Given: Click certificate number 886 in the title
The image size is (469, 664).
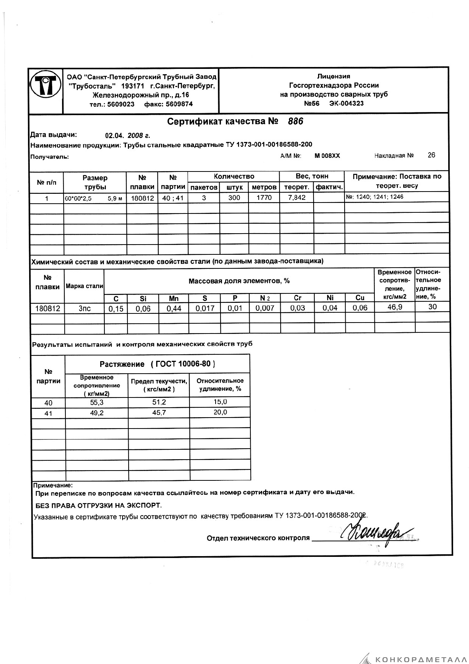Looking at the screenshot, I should pyautogui.click(x=295, y=122).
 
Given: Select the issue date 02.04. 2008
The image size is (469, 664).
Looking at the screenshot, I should pyautogui.click(x=127, y=136).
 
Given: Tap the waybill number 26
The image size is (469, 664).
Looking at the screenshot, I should pyautogui.click(x=431, y=155).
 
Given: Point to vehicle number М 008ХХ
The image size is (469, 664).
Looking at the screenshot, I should pyautogui.click(x=327, y=156).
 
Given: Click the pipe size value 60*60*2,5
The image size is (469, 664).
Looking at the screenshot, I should pyautogui.click(x=78, y=198).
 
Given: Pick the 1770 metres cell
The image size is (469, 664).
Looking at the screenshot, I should pyautogui.click(x=264, y=197).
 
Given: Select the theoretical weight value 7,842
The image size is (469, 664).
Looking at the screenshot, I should pyautogui.click(x=297, y=197).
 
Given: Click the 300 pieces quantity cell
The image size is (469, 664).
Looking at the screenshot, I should pyautogui.click(x=234, y=197).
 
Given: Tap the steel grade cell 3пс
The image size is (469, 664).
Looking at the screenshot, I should pyautogui.click(x=84, y=309).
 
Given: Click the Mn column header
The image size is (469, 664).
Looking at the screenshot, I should pyautogui.click(x=174, y=298).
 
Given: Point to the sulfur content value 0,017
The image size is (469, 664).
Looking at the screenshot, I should pyautogui.click(x=205, y=309).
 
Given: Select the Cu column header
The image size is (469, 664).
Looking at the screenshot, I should pyautogui.click(x=360, y=298).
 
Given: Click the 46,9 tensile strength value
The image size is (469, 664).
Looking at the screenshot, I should pyautogui.click(x=394, y=307).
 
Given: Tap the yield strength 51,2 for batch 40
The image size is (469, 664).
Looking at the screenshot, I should pyautogui.click(x=159, y=402).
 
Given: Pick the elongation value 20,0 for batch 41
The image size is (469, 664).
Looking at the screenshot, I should pyautogui.click(x=220, y=412).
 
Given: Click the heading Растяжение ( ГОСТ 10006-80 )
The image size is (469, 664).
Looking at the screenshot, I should pyautogui.click(x=157, y=364).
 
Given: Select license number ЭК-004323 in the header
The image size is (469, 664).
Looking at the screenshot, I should pyautogui.click(x=346, y=103).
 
